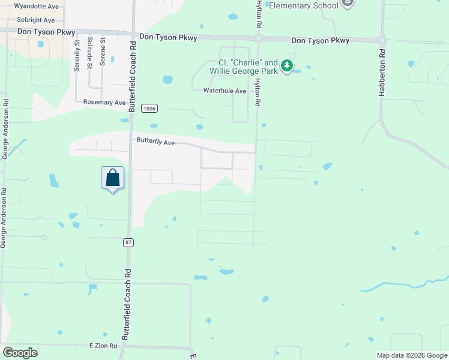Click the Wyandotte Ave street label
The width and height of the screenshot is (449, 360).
37,6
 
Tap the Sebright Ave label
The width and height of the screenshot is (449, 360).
35,20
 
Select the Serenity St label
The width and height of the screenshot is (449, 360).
77,56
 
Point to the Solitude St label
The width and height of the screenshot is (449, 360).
89,53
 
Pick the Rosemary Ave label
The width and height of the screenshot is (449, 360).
104,103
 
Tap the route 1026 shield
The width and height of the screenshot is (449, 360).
150,109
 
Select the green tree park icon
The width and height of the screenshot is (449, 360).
288,65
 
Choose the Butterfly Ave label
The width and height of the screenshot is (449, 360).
155,143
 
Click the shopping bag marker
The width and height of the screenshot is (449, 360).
112,178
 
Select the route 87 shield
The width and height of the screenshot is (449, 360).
128,242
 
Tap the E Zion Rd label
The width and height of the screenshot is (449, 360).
105,346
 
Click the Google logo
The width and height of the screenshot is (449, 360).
20,353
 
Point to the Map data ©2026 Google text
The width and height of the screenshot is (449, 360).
412,355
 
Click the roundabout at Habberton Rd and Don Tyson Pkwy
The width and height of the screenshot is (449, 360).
382,40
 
